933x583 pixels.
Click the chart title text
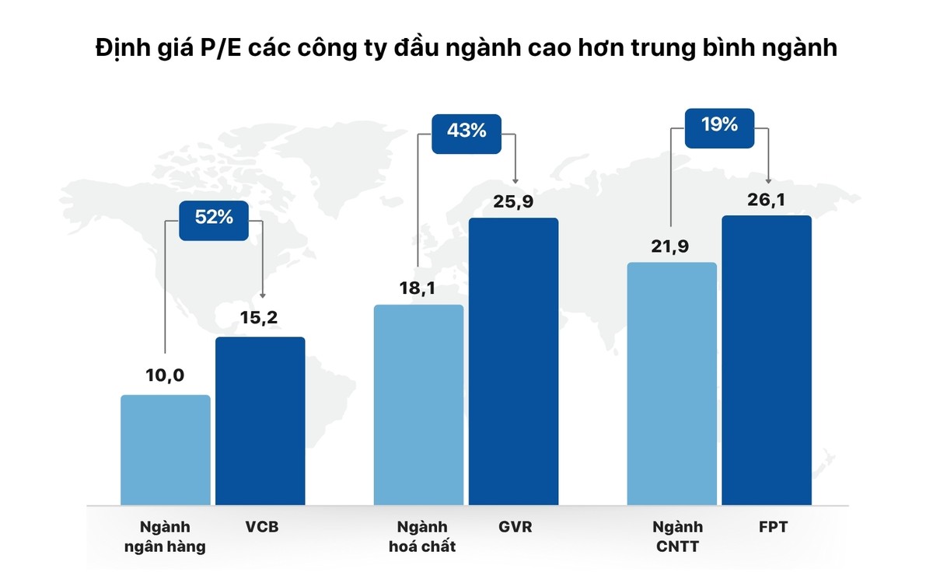[466, 48]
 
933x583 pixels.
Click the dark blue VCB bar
[260, 421]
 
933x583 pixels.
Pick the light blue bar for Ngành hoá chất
[419, 404]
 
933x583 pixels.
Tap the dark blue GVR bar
[514, 361]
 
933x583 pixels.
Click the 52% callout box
[215, 218]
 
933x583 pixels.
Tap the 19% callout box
[719, 125]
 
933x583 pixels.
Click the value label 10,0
[166, 376]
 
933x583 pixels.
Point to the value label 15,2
[260, 318]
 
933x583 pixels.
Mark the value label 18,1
[419, 288]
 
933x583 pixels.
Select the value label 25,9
[514, 203]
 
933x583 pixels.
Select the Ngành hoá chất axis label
[421, 536]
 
